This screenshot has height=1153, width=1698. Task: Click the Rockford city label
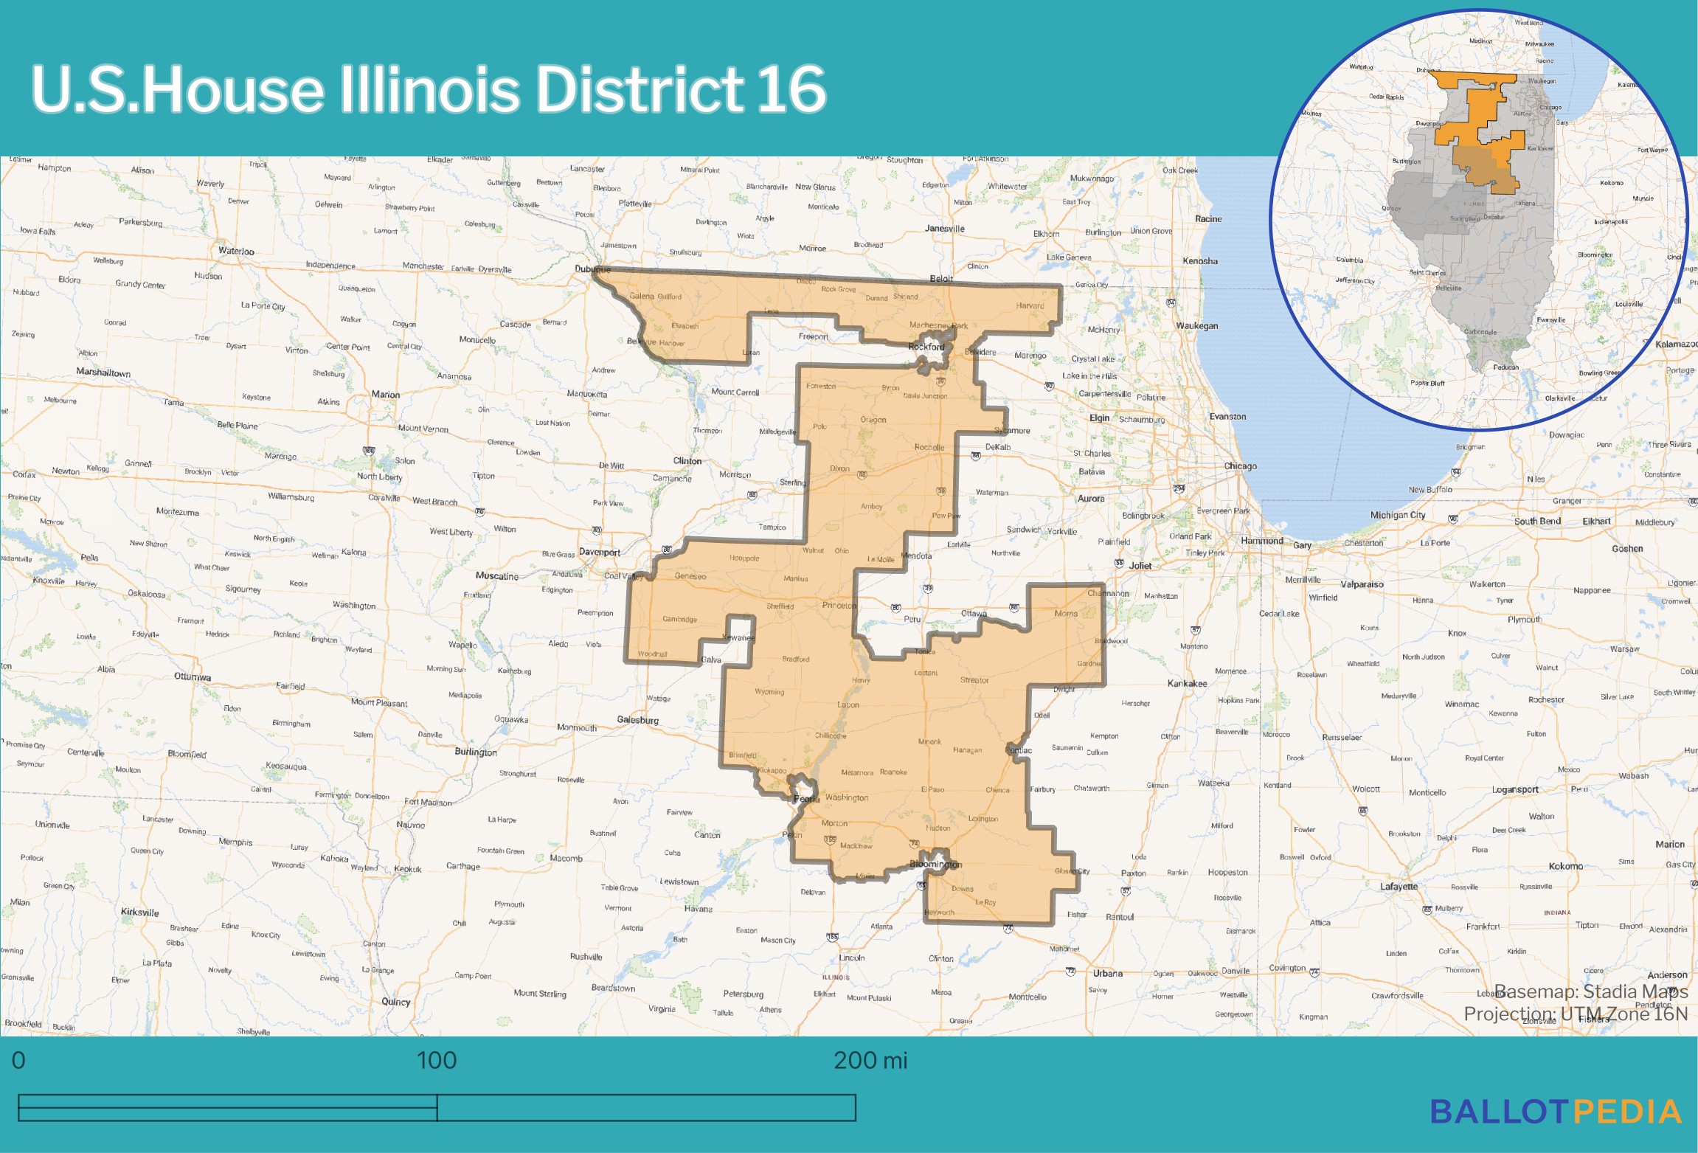(x=926, y=347)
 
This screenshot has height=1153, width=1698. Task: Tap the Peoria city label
(x=806, y=799)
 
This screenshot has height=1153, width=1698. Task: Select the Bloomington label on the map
(x=935, y=864)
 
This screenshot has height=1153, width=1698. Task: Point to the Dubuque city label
(x=592, y=269)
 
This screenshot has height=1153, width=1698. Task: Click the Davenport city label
(x=599, y=552)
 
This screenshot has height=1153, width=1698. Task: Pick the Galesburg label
(x=637, y=720)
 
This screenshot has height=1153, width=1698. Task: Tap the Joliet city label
(x=1140, y=566)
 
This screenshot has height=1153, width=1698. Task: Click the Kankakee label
(x=1187, y=683)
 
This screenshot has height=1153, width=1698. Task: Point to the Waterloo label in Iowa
(x=236, y=251)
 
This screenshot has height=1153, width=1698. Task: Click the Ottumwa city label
(x=193, y=677)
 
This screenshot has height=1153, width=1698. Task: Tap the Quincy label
(x=396, y=1002)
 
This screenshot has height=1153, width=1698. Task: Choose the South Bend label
(x=1537, y=522)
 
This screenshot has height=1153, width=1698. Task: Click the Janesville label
(x=945, y=229)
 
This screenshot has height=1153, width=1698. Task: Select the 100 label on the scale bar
(x=437, y=1061)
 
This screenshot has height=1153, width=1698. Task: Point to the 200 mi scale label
(x=870, y=1061)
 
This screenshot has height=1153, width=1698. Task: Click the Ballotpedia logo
(x=1556, y=1112)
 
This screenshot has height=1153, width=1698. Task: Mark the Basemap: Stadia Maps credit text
(x=1590, y=991)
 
